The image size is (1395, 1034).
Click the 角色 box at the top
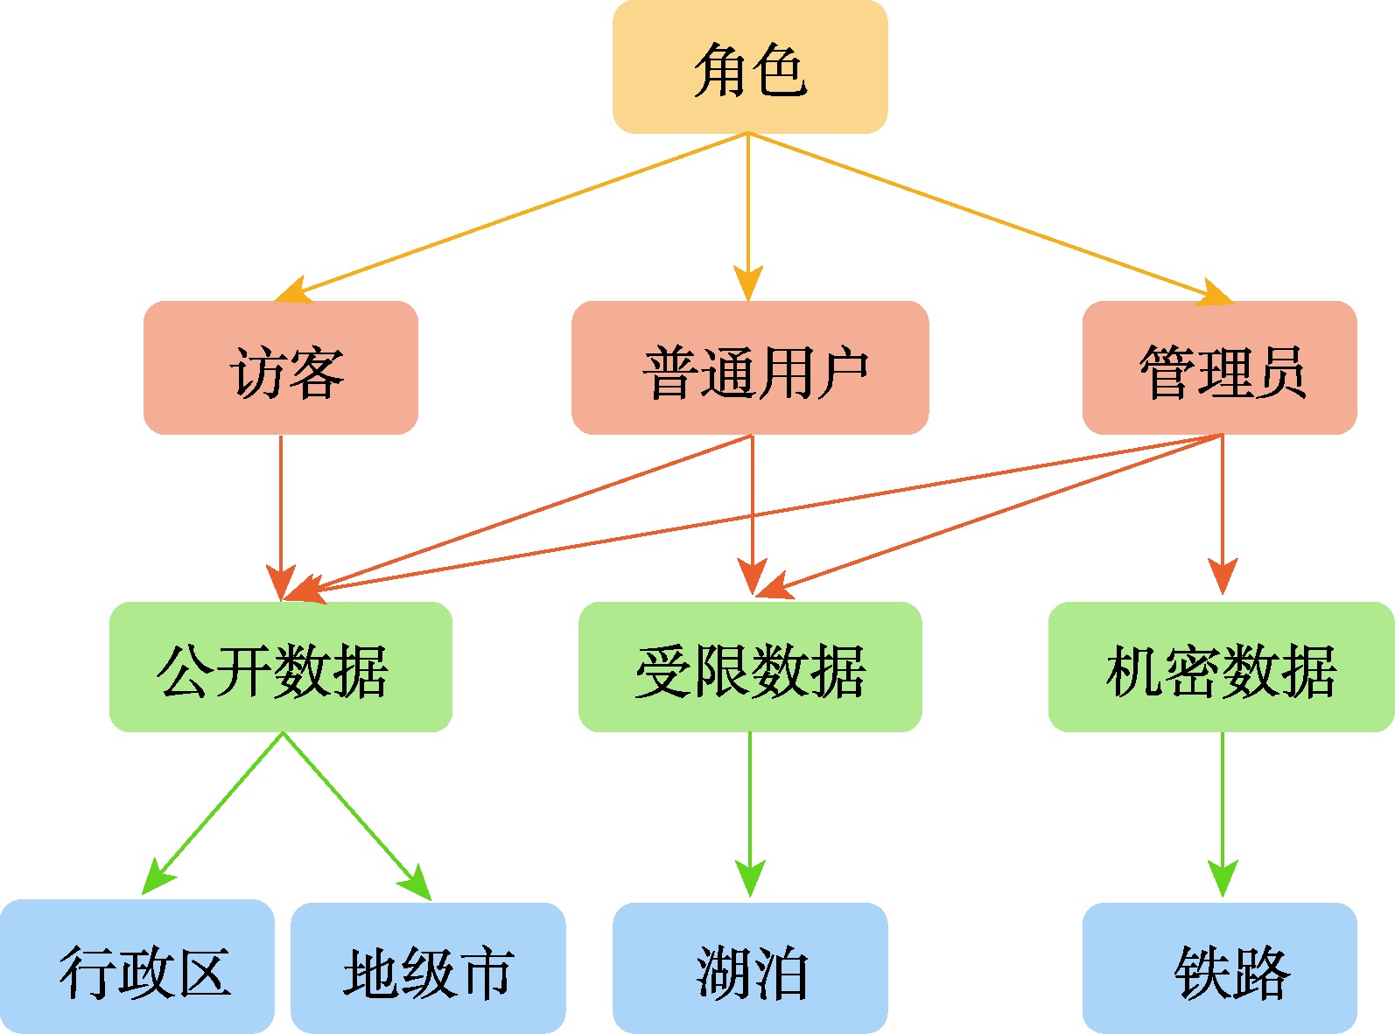tap(750, 67)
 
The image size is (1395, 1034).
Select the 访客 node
tap(281, 368)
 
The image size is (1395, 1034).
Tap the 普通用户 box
tap(750, 368)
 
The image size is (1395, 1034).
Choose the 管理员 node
tap(1219, 368)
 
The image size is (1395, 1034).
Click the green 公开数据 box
tap(281, 667)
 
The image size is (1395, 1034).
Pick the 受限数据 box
tap(750, 667)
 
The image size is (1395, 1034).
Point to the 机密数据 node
tap(1221, 667)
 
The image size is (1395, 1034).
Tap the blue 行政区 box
tap(137, 967)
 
